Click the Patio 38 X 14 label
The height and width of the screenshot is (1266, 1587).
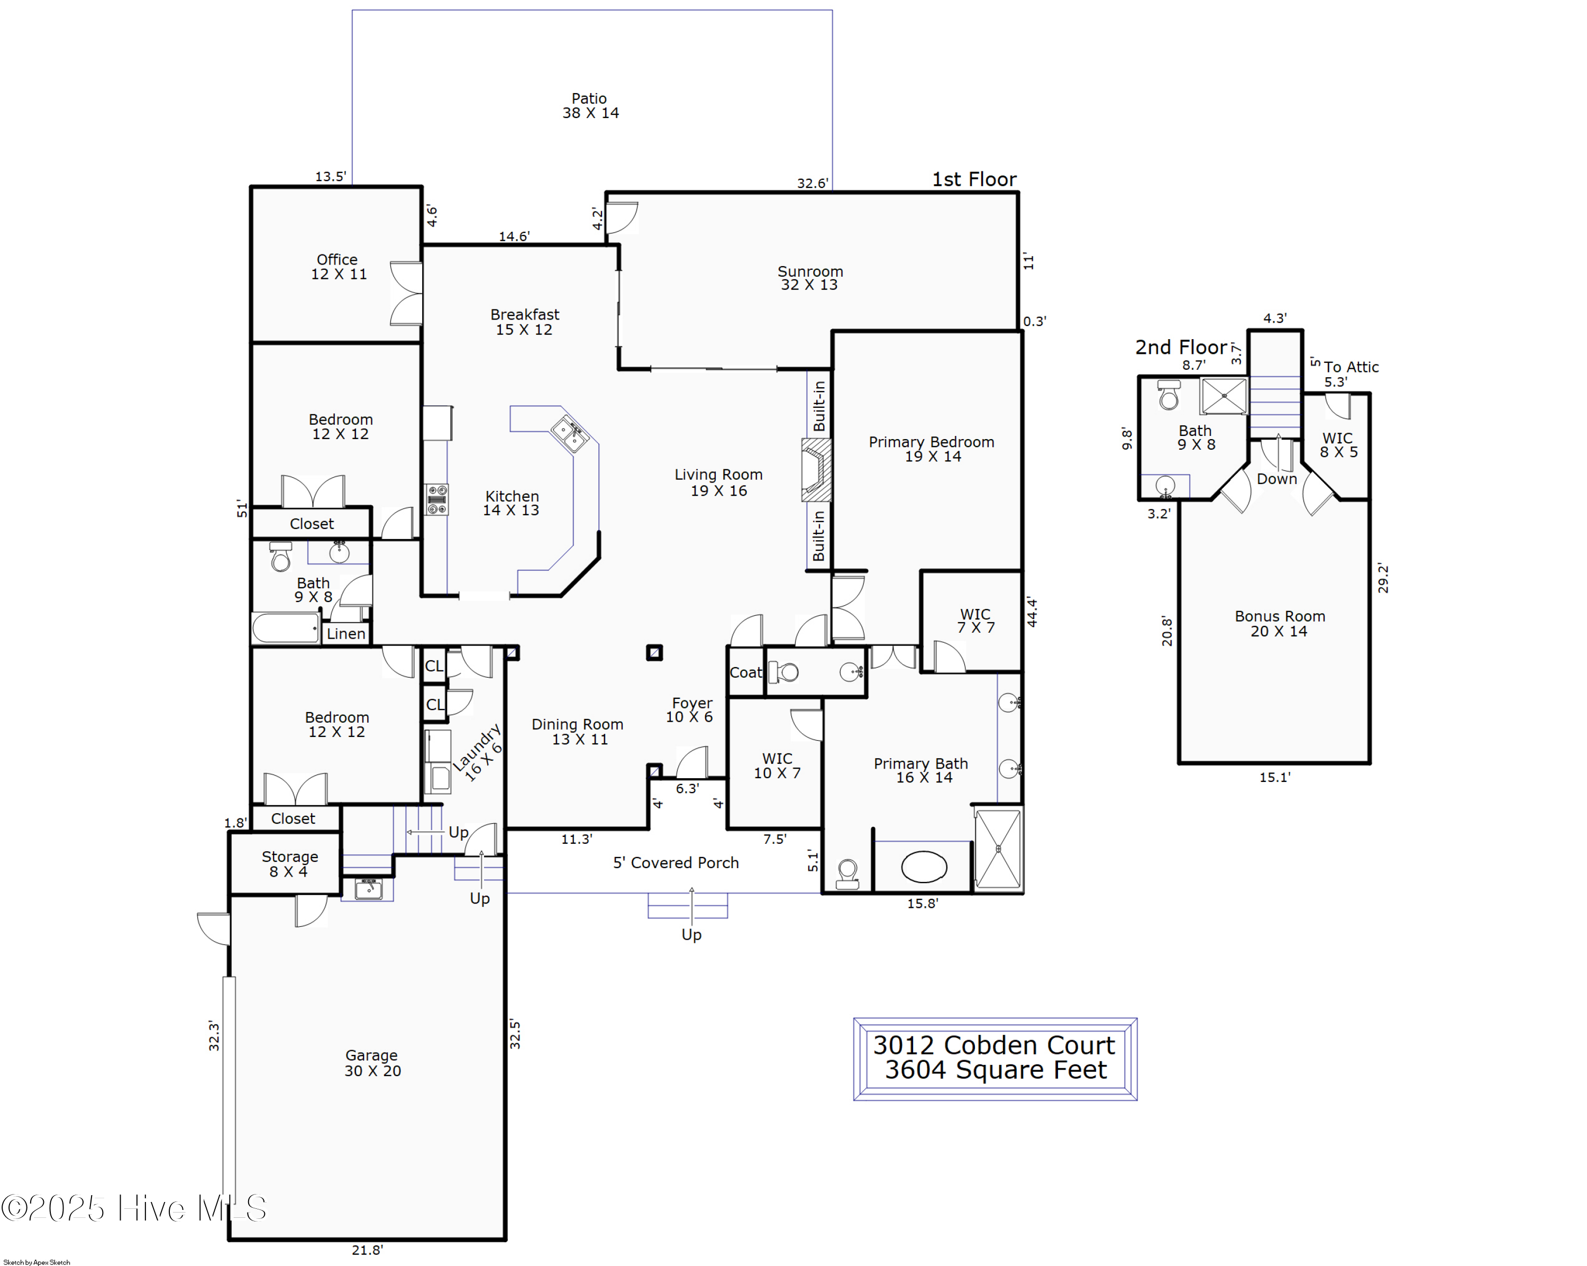point(590,106)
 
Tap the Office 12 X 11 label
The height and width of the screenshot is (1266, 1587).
point(338,267)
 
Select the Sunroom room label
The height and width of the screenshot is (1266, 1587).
point(810,271)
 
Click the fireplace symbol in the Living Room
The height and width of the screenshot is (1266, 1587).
point(816,470)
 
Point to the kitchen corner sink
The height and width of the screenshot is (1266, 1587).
point(569,433)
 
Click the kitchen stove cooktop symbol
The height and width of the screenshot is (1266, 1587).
point(436,499)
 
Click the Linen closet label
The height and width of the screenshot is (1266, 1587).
point(345,634)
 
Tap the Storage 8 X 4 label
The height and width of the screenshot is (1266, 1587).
point(289,863)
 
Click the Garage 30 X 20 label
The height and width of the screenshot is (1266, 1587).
point(372,1063)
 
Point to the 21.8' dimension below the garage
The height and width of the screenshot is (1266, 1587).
point(367,1250)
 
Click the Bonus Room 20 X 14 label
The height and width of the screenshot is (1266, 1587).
point(1279,623)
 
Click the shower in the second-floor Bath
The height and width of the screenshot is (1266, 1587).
point(1224,396)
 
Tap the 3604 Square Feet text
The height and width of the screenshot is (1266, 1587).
point(995,1070)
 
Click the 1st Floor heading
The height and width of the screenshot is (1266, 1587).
point(974,179)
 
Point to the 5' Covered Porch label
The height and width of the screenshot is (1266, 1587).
point(676,863)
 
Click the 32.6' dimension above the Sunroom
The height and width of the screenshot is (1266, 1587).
point(813,183)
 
